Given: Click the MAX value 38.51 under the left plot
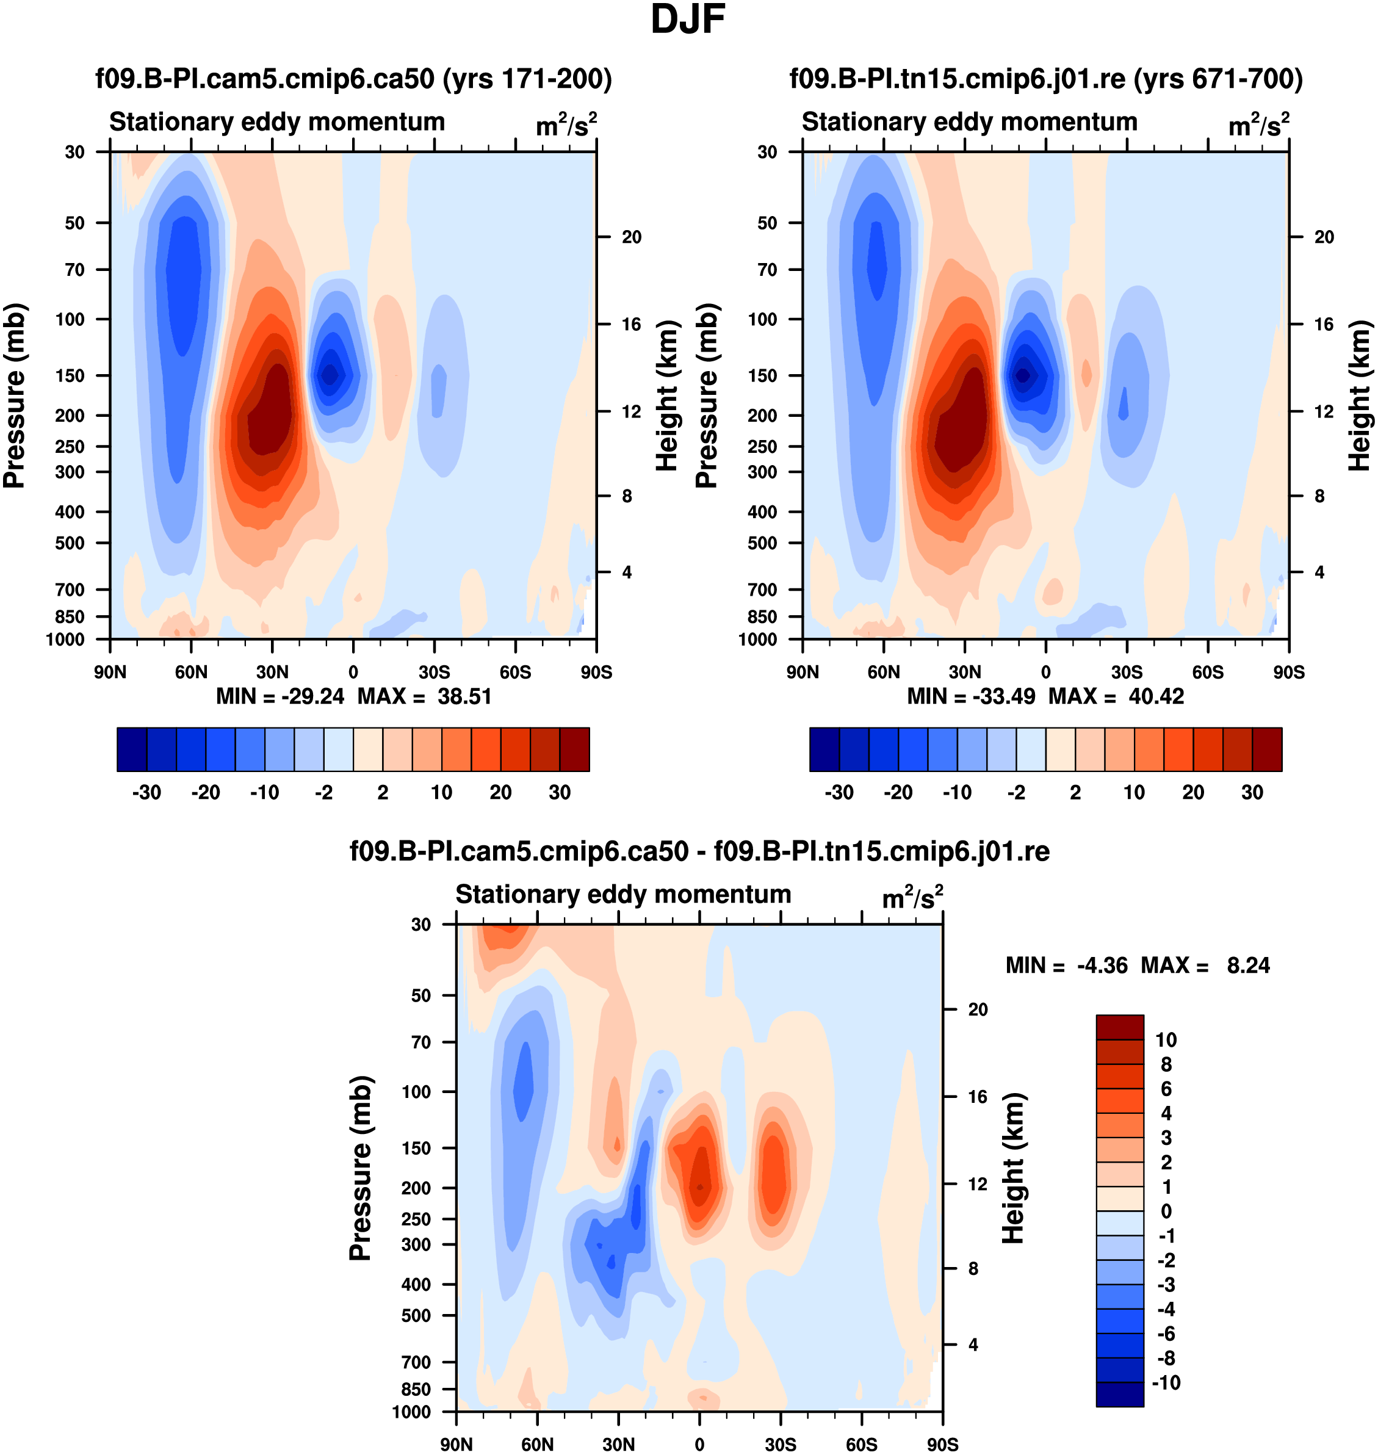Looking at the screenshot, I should pyautogui.click(x=464, y=696).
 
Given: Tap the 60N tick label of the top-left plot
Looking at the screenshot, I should pyautogui.click(x=191, y=672).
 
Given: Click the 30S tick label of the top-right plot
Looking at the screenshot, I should pyautogui.click(x=1127, y=672).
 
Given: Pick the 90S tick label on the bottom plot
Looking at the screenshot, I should pyautogui.click(x=942, y=1445).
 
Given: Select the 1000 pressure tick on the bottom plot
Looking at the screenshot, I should pyautogui.click(x=411, y=1412).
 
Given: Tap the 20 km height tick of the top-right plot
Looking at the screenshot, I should pyautogui.click(x=1324, y=237).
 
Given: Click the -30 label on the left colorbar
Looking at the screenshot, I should pyautogui.click(x=146, y=793).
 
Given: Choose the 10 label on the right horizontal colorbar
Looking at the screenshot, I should pyautogui.click(x=1134, y=793).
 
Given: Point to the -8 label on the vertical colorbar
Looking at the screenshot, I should pyautogui.click(x=1166, y=1358).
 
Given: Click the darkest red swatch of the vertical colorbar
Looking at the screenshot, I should pyautogui.click(x=1119, y=1028).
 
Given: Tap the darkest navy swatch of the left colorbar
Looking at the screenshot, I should pyautogui.click(x=132, y=749).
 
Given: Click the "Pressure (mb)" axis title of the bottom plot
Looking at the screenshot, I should pyautogui.click(x=360, y=1168).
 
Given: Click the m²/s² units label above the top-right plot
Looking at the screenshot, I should pyautogui.click(x=1258, y=126).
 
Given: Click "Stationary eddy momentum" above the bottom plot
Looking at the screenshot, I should pyautogui.click(x=623, y=895).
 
